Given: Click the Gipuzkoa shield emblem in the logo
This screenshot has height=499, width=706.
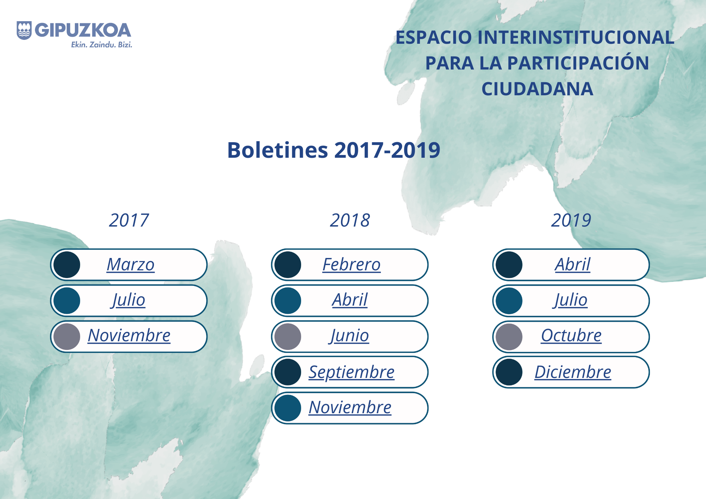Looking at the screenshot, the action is [24, 30].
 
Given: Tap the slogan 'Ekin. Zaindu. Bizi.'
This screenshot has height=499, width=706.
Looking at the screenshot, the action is [102, 44].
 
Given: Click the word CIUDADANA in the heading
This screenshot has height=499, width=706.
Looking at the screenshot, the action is [537, 89].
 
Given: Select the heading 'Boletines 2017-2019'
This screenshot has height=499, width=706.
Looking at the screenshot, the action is [334, 150].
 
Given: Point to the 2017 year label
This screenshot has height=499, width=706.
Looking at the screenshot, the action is [129, 220].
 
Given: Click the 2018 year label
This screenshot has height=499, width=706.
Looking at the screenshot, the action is [350, 220].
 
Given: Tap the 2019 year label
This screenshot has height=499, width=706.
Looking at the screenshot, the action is [571, 220].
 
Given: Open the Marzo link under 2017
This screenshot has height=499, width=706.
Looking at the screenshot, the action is [131, 264].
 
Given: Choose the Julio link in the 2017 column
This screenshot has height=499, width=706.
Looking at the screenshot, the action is [128, 300].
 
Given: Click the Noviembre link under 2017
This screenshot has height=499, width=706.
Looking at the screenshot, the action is [129, 335].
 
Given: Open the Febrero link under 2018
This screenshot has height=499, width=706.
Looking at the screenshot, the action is [352, 264].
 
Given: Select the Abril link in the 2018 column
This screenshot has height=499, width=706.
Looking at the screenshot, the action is [350, 300].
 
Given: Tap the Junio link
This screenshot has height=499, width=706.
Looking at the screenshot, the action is [349, 336].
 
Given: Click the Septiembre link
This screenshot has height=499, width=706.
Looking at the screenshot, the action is [352, 372].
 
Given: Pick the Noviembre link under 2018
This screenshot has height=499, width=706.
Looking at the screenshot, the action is [350, 407].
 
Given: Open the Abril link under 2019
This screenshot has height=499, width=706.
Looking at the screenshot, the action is [573, 264].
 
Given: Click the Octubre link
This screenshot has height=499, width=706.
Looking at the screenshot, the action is [572, 335].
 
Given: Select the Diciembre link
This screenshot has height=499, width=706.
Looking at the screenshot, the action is [573, 372].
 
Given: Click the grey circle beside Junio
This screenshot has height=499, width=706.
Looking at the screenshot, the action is [288, 337].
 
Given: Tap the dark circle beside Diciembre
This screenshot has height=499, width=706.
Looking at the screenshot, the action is [509, 372].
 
